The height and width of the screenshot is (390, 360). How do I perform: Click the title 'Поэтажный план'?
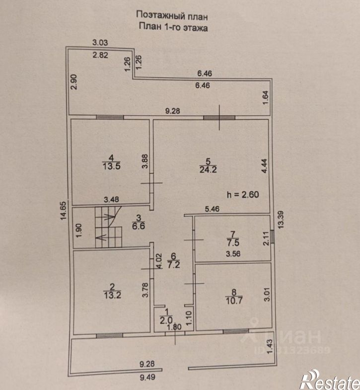pos(172,16)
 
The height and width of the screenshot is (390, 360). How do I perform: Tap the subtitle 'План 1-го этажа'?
pos(173,27)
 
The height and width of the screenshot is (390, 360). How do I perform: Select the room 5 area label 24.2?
pos(208,169)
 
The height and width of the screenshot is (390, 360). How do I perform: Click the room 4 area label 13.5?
pos(112,166)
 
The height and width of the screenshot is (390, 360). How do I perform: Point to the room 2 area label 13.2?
pos(112,295)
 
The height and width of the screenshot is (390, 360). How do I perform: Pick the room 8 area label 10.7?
pos(234,301)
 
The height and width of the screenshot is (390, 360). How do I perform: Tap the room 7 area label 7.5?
pos(233,242)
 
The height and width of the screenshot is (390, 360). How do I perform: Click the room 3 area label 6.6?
pos(139,226)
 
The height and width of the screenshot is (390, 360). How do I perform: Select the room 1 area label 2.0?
pos(166,320)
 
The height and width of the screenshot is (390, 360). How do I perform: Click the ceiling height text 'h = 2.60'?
pos(243,194)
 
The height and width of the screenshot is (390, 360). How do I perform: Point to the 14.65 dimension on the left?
pos(64,210)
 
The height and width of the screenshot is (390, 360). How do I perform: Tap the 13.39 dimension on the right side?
pos(281,220)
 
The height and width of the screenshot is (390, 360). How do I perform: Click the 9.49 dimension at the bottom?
pos(147,377)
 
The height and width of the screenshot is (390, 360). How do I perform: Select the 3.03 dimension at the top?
pos(100,43)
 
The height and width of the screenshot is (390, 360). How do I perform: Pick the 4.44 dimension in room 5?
pos(265,166)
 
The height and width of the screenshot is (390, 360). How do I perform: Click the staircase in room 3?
pos(108,227)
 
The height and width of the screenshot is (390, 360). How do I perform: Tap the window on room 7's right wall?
pos(272,236)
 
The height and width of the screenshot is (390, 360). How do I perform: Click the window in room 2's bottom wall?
pos(109,336)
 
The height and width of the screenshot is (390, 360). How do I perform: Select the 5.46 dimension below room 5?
pos(213,209)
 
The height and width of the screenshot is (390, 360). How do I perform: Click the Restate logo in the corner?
pos(330,380)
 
